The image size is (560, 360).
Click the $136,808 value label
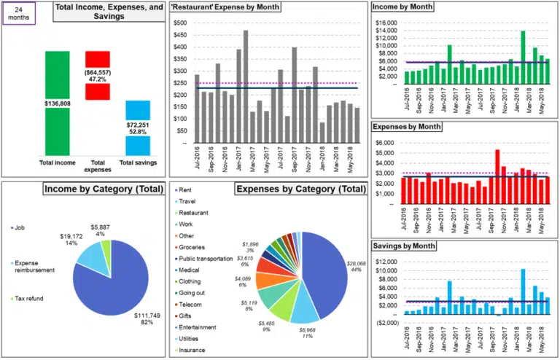point(57,103)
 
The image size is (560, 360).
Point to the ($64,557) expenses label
point(98,74)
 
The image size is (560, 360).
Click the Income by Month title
point(402,7)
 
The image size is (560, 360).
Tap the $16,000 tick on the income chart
point(384,23)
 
